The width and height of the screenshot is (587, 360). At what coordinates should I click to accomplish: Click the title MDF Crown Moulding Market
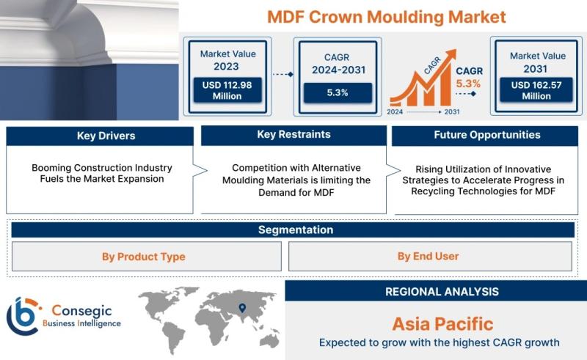pyautogui.click(x=387, y=17)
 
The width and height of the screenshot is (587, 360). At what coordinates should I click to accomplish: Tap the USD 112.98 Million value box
pyautogui.click(x=227, y=90)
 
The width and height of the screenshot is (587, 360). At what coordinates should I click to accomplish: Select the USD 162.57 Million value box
pyautogui.click(x=536, y=90)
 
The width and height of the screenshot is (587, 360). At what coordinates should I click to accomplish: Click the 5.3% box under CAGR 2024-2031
pyautogui.click(x=338, y=92)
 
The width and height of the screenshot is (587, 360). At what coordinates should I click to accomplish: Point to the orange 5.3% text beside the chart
pyautogui.click(x=468, y=84)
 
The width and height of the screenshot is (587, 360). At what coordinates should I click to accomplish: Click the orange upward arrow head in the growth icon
pyautogui.click(x=451, y=55)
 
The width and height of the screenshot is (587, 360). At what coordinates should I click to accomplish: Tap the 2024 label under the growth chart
pyautogui.click(x=395, y=111)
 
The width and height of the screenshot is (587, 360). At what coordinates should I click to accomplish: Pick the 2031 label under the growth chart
pyautogui.click(x=452, y=111)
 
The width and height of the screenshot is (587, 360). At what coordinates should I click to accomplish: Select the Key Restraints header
pyautogui.click(x=294, y=135)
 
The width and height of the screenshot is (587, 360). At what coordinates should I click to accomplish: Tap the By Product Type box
pyautogui.click(x=147, y=257)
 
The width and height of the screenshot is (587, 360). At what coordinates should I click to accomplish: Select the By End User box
pyautogui.click(x=430, y=257)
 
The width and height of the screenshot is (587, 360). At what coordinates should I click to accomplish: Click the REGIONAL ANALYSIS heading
pyautogui.click(x=442, y=292)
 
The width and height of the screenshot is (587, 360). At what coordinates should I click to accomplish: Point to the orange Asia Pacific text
pyautogui.click(x=443, y=324)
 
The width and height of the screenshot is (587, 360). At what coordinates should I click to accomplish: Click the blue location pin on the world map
pyautogui.click(x=243, y=308)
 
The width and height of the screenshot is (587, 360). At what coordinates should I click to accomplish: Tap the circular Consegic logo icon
pyautogui.click(x=23, y=316)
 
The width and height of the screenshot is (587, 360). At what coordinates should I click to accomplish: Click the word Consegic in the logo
pyautogui.click(x=81, y=310)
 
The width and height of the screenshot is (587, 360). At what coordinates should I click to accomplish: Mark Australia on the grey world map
pyautogui.click(x=269, y=340)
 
